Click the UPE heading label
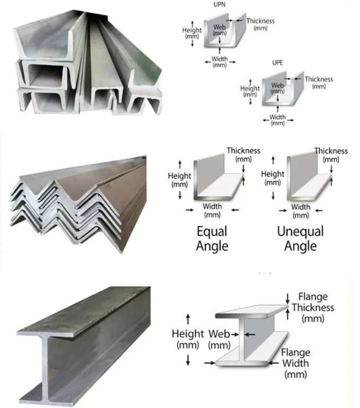[x=277, y=63]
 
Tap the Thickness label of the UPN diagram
[x=260, y=24]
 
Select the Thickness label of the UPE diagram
[x=319, y=82]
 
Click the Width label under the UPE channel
[x=277, y=120]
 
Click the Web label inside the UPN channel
[x=219, y=30]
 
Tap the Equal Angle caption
[x=212, y=238]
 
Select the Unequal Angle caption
[x=300, y=238]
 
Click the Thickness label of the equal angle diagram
[x=243, y=154]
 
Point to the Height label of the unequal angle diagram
[x=273, y=178]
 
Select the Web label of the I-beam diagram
[x=219, y=339]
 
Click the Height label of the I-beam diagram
[x=188, y=339]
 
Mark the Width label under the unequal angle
[x=301, y=211]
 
